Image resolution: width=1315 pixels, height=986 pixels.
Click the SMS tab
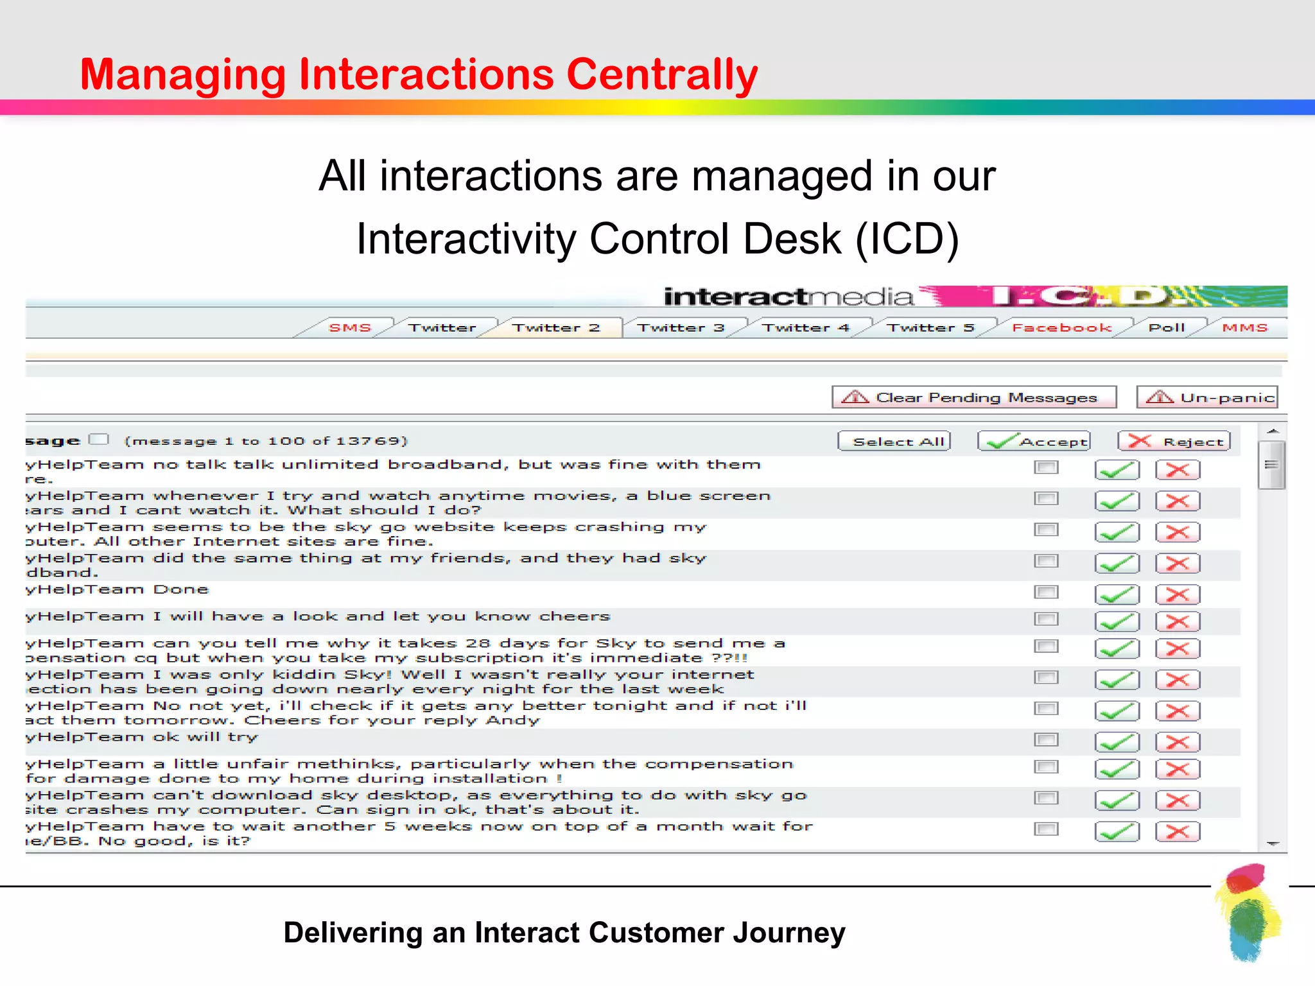click(x=350, y=328)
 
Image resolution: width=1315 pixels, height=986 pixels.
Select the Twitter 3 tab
click(x=681, y=328)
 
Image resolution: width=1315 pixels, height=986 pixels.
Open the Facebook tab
click(x=1061, y=328)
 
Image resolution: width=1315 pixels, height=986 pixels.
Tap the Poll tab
click(x=1166, y=328)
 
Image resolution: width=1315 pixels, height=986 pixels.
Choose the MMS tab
click(x=1244, y=328)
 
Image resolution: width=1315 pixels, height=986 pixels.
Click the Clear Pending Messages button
click(x=974, y=397)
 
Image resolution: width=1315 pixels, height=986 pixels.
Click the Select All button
click(x=894, y=442)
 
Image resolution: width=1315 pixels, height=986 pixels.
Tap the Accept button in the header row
click(x=1034, y=442)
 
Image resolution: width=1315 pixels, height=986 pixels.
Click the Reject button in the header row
click(x=1174, y=442)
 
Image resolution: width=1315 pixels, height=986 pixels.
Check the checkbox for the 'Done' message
click(x=1046, y=592)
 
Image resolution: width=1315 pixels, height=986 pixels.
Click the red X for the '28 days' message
click(x=1178, y=649)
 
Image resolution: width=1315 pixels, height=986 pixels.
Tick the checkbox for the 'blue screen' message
click(x=1046, y=499)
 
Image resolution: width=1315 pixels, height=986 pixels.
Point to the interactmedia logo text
click(x=788, y=297)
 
